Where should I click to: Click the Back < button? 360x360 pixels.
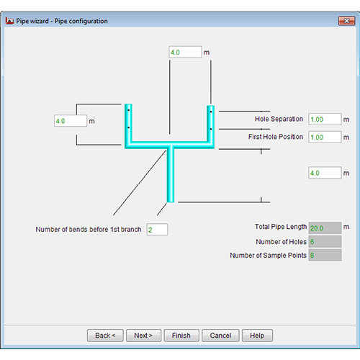pyautogui.click(x=105, y=336)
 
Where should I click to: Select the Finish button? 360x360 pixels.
pyautogui.click(x=181, y=336)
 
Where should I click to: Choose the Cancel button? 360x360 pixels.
pyautogui.click(x=220, y=336)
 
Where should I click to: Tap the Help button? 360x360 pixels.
pyautogui.click(x=257, y=336)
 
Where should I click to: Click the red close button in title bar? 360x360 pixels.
pyautogui.click(x=346, y=21)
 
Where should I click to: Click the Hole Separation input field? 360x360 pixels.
pyautogui.click(x=325, y=120)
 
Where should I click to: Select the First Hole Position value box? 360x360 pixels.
pyautogui.click(x=325, y=137)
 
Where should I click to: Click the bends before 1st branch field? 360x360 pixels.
pyautogui.click(x=157, y=230)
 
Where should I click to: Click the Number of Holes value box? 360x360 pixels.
pyautogui.click(x=325, y=241)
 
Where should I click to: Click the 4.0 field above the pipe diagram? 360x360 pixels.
pyautogui.click(x=185, y=52)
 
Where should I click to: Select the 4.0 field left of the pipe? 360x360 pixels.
pyautogui.click(x=71, y=121)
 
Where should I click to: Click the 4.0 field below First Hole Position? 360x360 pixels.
pyautogui.click(x=325, y=173)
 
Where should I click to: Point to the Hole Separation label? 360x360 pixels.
pyautogui.click(x=279, y=119)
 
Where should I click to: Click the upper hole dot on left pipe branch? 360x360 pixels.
pyautogui.click(x=129, y=110)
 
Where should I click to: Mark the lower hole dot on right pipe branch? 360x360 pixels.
pyautogui.click(x=211, y=129)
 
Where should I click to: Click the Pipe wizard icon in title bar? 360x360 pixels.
pyautogui.click(x=9, y=21)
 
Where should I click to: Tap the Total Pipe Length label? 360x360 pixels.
pyautogui.click(x=281, y=227)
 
